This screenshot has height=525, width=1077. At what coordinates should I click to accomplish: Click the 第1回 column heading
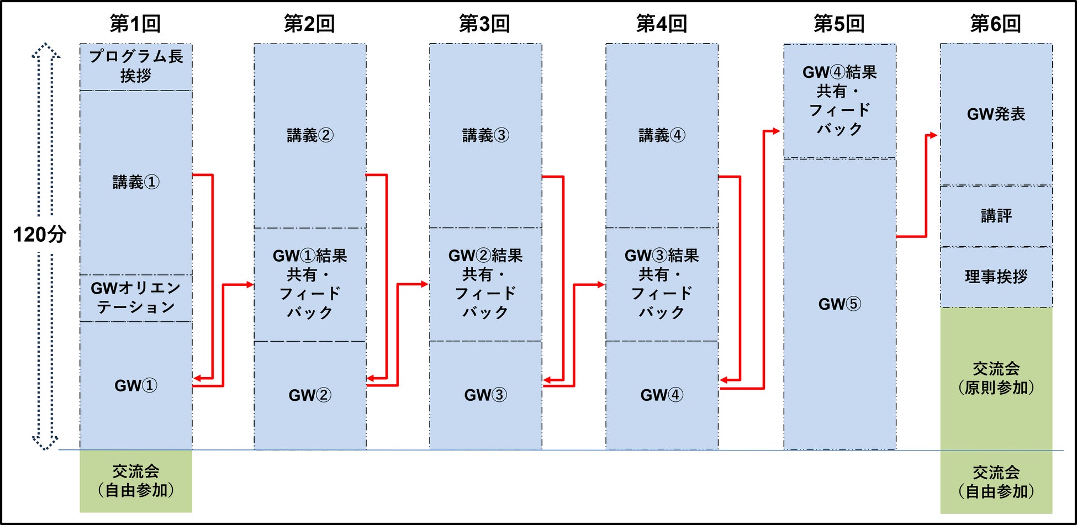[x=135, y=24]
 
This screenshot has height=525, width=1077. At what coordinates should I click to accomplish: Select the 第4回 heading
[x=662, y=24]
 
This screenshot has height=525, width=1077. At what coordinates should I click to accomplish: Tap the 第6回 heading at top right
[x=996, y=24]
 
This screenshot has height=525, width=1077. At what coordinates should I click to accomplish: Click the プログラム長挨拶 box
[x=136, y=67]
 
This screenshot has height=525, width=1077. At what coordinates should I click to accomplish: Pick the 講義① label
[x=136, y=182]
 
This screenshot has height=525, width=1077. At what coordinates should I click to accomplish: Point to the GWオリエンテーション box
[x=136, y=298]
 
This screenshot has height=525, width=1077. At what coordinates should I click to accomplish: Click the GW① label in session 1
[x=136, y=385]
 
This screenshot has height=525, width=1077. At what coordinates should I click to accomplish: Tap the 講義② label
[x=310, y=135]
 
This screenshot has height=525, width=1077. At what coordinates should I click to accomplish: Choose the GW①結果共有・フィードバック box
[x=310, y=284]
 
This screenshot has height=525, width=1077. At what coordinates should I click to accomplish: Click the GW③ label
[x=485, y=395]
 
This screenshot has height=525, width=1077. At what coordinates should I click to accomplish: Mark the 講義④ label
[x=662, y=135]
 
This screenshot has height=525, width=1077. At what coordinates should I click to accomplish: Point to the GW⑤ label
[x=840, y=304]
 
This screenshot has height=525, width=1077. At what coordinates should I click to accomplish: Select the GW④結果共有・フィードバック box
[x=840, y=101]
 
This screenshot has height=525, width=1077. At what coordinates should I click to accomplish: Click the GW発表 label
[x=996, y=114]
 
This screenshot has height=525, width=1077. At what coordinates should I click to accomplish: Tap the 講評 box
[x=996, y=216]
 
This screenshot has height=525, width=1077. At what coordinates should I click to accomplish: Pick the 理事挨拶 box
[x=996, y=277]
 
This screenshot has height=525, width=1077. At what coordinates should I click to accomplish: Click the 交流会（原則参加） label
[x=996, y=378]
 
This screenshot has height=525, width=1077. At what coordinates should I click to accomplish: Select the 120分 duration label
[x=40, y=235]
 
